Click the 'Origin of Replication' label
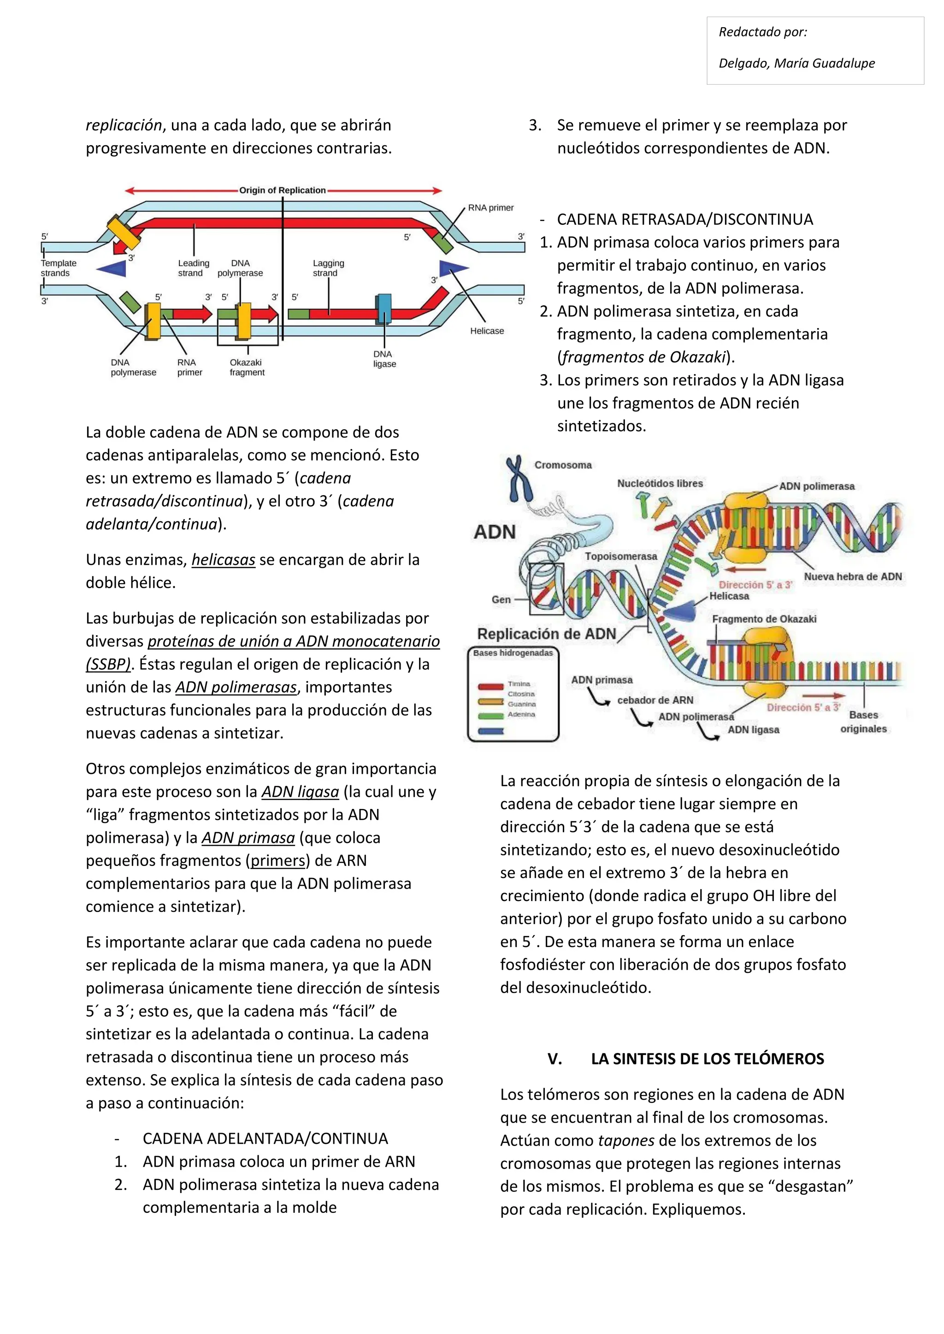(283, 190)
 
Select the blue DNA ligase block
(383, 309)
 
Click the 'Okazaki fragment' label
(247, 367)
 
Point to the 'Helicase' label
(487, 331)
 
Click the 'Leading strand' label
(193, 268)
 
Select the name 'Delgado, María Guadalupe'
(796, 63)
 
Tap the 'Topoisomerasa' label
(620, 556)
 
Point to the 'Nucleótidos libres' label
(660, 483)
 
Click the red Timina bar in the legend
(490, 686)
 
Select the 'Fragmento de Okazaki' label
(764, 619)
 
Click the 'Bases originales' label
(863, 722)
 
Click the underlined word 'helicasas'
(223, 560)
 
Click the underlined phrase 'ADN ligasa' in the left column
(300, 791)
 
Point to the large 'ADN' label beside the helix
(494, 532)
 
